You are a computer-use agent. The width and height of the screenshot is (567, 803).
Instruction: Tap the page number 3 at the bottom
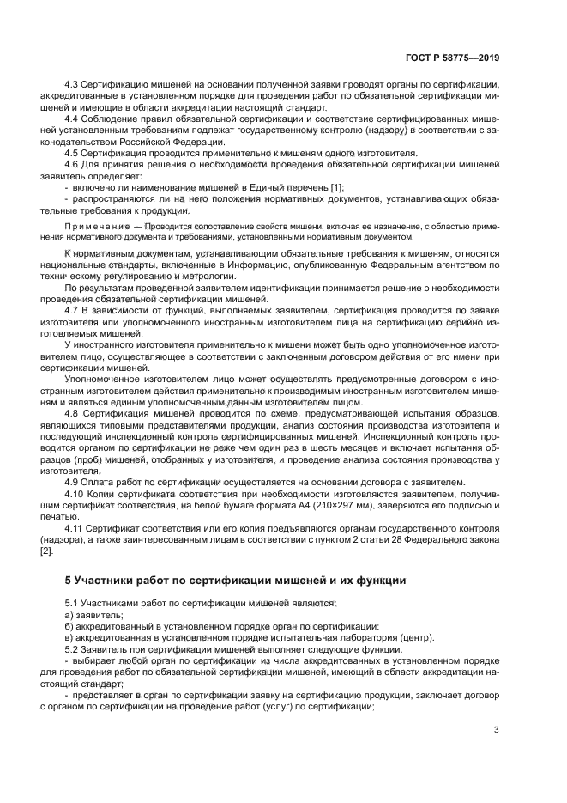[x=497, y=729]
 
